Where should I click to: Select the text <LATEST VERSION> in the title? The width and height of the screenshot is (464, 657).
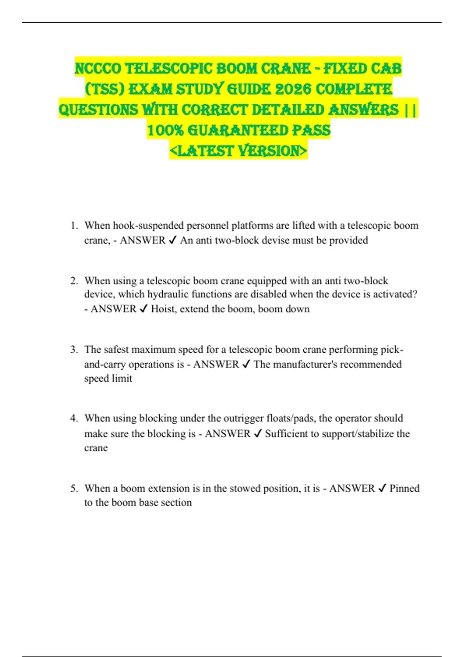[x=238, y=151]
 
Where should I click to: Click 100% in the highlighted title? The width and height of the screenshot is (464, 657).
[x=165, y=130]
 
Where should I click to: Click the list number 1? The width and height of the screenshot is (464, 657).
[x=74, y=225]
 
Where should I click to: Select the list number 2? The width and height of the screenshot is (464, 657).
[x=74, y=281]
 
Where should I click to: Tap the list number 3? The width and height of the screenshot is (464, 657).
[x=74, y=349]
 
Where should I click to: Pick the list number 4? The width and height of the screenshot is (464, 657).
[x=74, y=418]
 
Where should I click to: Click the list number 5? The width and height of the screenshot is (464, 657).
[x=74, y=488]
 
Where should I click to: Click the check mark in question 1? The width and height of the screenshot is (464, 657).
[x=172, y=240]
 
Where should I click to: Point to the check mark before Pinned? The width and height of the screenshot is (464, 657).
[x=382, y=488]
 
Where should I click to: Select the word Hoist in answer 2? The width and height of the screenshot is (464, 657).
[x=162, y=309]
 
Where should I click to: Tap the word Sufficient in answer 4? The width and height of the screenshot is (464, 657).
[x=286, y=434]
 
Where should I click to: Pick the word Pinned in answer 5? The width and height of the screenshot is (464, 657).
[x=404, y=488]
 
